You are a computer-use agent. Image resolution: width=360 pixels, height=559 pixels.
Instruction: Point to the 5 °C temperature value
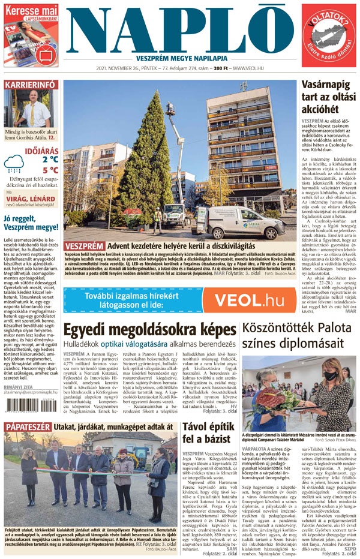[50, 170]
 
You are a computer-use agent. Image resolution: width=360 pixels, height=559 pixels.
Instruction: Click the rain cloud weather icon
[14, 164]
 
